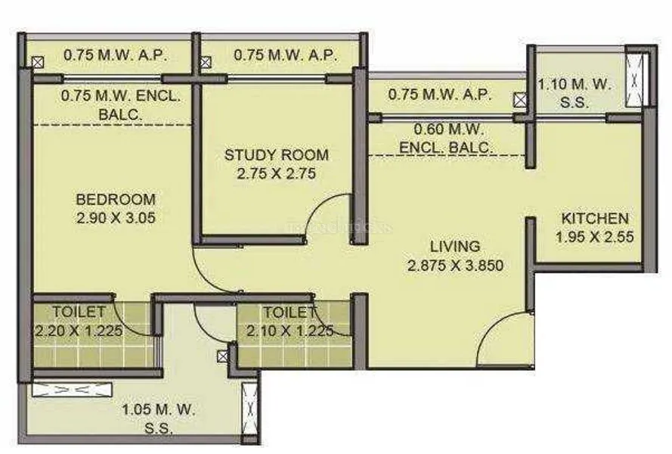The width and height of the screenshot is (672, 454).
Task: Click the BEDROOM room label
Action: coord(116,200)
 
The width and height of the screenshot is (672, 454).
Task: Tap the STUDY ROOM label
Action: coord(277,155)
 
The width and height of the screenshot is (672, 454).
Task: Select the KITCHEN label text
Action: coord(595,219)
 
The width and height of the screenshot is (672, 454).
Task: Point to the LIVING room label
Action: coord(455,247)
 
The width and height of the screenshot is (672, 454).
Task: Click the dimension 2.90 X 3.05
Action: coord(116,218)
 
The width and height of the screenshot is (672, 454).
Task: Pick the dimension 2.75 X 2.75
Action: coord(277,174)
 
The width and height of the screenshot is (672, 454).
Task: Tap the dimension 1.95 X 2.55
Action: coord(595,237)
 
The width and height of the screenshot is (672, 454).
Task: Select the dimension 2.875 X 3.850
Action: coord(455,266)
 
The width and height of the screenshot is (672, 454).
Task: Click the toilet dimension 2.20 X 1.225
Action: coord(79,331)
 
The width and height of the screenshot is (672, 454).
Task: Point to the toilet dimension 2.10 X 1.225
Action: coord(290,331)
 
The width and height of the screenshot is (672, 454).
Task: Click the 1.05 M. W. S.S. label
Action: coord(159,418)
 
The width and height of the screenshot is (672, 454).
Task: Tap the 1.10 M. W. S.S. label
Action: coord(574,93)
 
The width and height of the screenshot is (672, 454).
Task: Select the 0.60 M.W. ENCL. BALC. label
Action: coord(447,138)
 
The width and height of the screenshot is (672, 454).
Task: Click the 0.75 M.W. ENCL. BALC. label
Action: coord(120,104)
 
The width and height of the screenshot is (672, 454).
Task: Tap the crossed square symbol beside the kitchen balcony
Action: coord(520,100)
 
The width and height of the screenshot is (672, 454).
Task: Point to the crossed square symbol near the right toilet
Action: coord(223,356)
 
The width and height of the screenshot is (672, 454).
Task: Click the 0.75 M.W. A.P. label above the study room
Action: coord(286,55)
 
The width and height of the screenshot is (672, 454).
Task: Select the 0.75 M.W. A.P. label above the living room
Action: coord(440,95)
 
